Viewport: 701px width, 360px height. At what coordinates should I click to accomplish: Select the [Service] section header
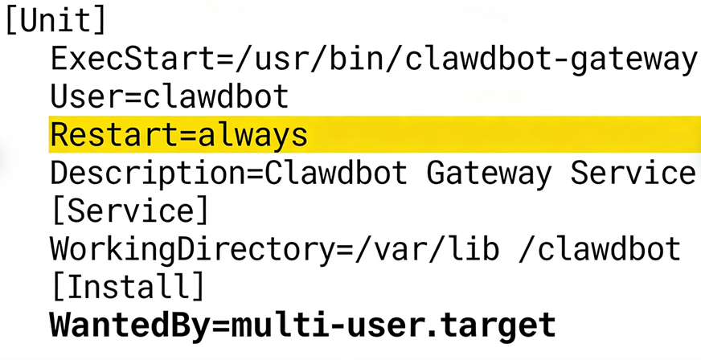129,211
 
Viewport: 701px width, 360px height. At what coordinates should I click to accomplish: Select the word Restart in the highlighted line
112,135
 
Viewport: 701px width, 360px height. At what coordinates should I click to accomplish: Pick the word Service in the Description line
633,174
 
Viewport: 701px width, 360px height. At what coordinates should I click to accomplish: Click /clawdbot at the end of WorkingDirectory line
600,249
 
